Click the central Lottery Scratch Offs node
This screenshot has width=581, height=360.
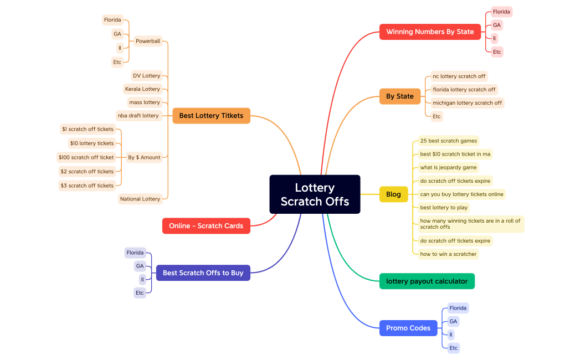pyautogui.click(x=315, y=194)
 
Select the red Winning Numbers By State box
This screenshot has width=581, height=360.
pyautogui.click(x=430, y=32)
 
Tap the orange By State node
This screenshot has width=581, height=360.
pyautogui.click(x=399, y=96)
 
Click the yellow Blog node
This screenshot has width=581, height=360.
pyautogui.click(x=393, y=194)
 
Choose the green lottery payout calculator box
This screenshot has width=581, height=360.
pyautogui.click(x=426, y=281)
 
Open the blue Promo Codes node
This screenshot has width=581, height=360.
pyautogui.click(x=408, y=328)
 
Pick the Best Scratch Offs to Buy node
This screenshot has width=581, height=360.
pyautogui.click(x=203, y=273)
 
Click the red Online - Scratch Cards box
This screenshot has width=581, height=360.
pyautogui.click(x=206, y=226)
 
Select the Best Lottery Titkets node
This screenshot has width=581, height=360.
pyautogui.click(x=211, y=116)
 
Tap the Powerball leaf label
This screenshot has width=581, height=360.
pyautogui.click(x=148, y=41)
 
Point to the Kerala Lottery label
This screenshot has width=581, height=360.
pyautogui.click(x=142, y=89)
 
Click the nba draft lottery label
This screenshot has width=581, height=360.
pyautogui.click(x=138, y=116)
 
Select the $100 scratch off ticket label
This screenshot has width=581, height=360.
pyautogui.click(x=86, y=157)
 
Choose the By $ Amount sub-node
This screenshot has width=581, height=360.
pyautogui.click(x=144, y=157)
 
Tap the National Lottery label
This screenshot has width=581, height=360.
pyautogui.click(x=140, y=199)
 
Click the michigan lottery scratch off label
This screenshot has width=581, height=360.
pyautogui.click(x=467, y=103)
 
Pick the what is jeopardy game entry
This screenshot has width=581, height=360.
pyautogui.click(x=448, y=168)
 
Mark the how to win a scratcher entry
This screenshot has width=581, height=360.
pyautogui.click(x=448, y=254)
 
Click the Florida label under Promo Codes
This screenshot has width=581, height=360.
pyautogui.click(x=458, y=308)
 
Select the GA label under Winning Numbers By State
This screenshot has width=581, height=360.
pyautogui.click(x=497, y=25)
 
